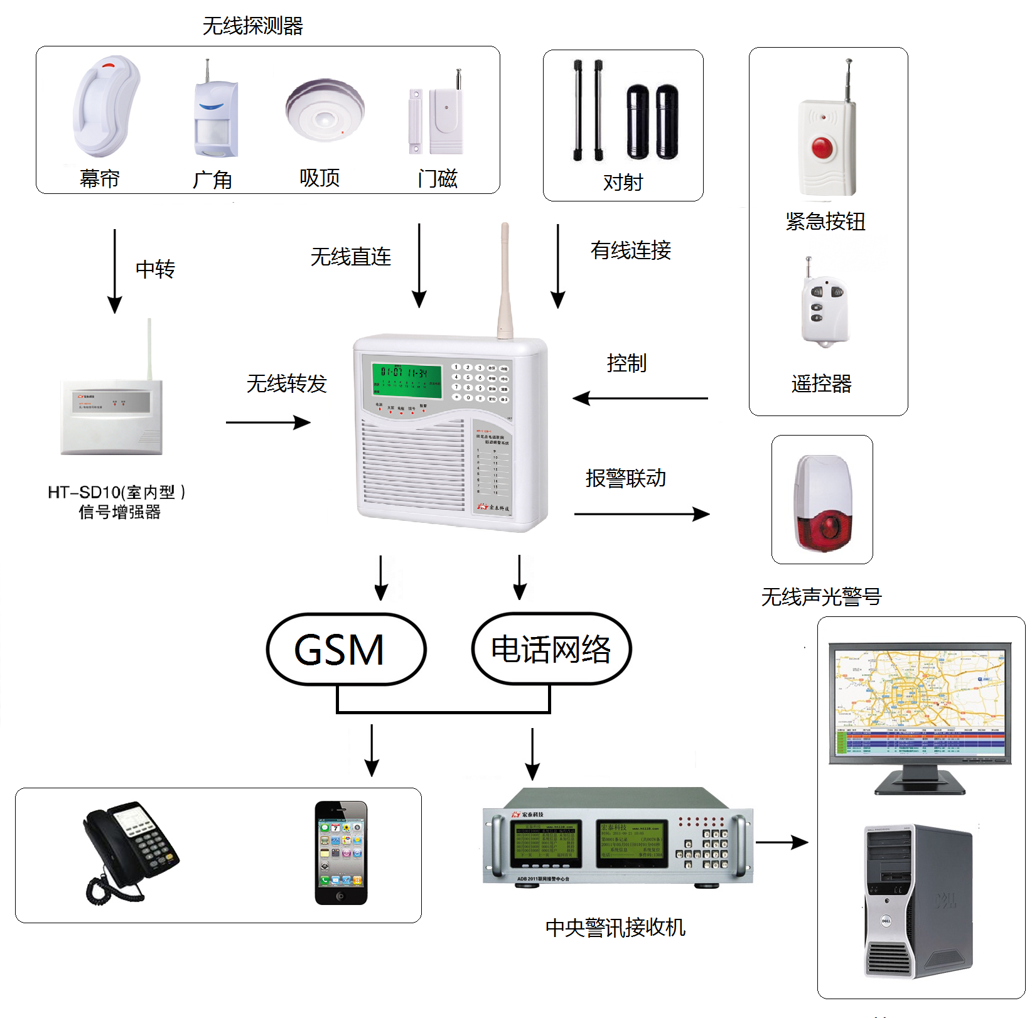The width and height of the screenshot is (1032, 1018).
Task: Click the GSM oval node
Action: [x=346, y=650]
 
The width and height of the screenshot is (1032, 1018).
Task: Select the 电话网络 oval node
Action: [x=551, y=650]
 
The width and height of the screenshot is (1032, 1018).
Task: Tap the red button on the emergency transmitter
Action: [x=822, y=148]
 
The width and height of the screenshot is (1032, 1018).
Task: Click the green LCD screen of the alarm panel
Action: [x=406, y=380]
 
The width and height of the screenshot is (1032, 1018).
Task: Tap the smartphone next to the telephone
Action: [x=341, y=852]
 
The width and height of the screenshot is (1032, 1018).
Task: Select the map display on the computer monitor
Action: [x=919, y=690]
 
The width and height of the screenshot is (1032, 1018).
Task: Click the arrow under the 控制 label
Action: [x=640, y=398]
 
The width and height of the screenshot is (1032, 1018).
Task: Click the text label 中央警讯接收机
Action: [x=615, y=927]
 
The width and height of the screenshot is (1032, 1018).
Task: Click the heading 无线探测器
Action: [x=252, y=26]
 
